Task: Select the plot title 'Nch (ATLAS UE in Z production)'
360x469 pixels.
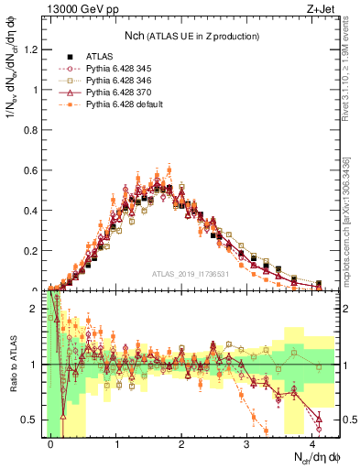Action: click(x=191, y=36)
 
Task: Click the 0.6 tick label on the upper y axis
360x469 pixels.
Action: click(x=34, y=170)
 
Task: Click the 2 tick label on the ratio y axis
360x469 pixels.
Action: click(x=38, y=309)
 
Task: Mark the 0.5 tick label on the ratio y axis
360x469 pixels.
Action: click(x=34, y=420)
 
